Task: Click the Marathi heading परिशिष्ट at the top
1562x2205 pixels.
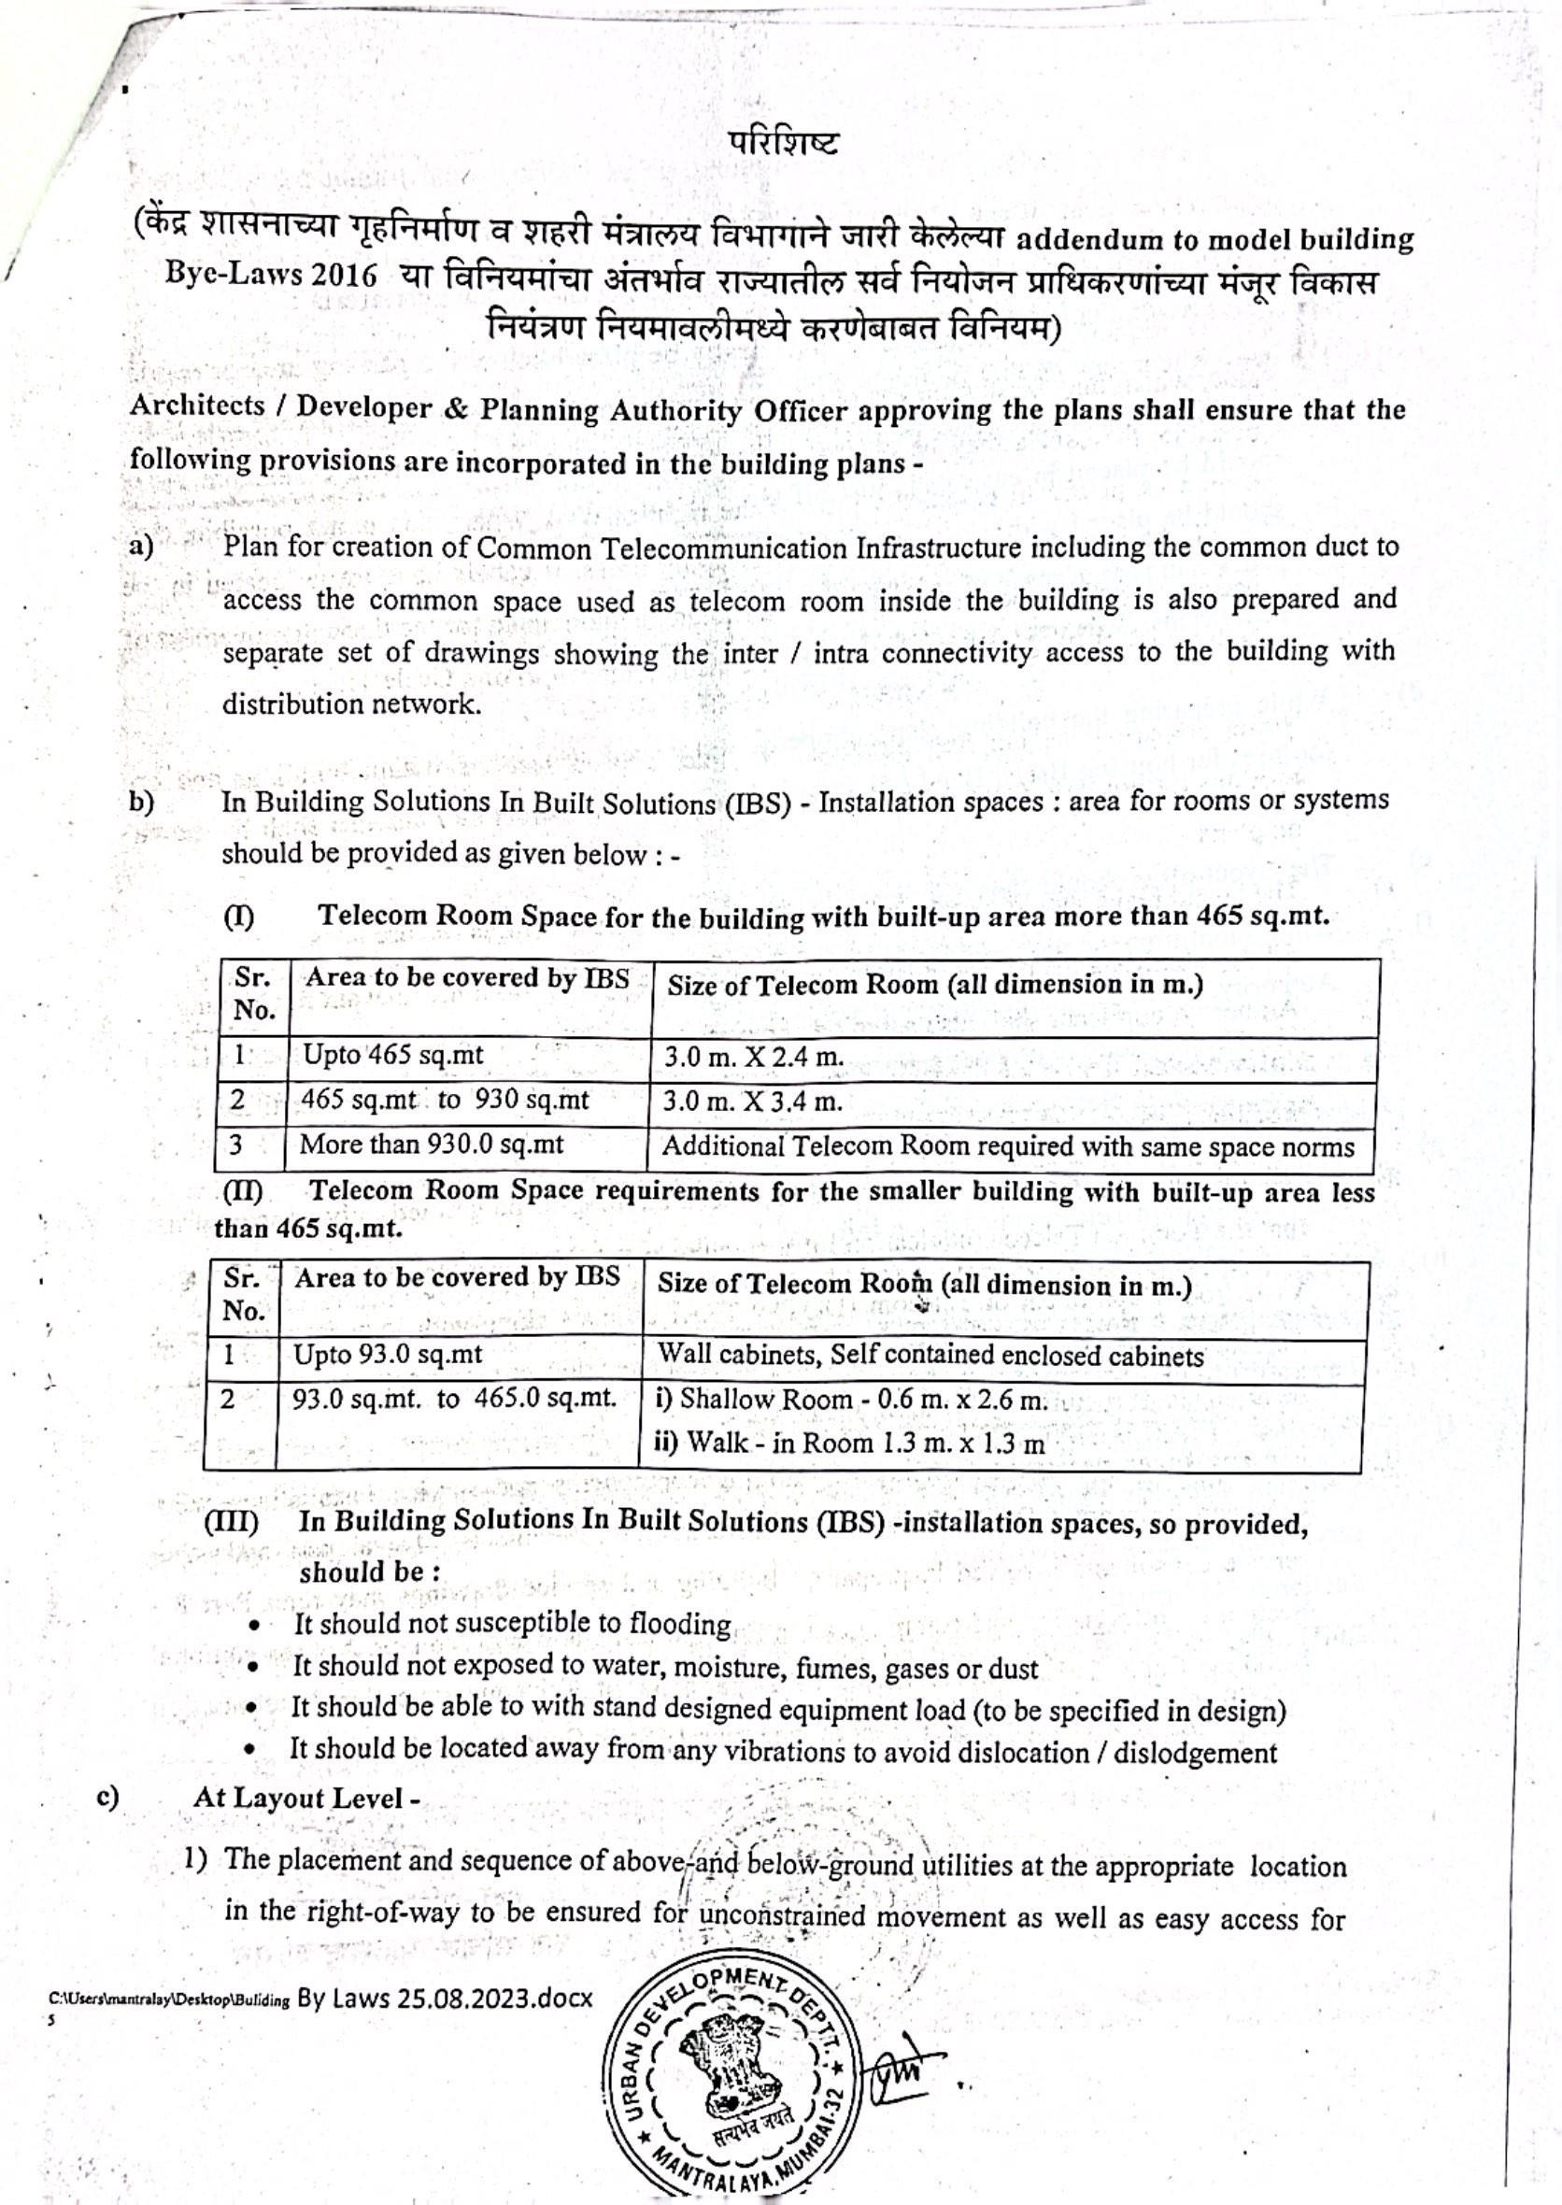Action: click(783, 143)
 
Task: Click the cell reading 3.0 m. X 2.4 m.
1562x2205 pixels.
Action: click(754, 1059)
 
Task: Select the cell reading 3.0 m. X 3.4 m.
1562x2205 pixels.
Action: click(752, 1102)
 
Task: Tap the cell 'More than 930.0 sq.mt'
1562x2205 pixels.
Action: click(432, 1145)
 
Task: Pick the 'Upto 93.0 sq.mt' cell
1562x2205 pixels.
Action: click(388, 1356)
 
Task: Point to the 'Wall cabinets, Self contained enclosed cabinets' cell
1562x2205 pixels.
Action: click(930, 1357)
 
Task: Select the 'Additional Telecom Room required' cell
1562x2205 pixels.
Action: click(1007, 1147)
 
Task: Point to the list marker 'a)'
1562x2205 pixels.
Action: click(141, 547)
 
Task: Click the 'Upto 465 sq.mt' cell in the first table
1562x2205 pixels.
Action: click(393, 1057)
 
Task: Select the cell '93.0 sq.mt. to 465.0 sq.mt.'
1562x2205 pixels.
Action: click(454, 1399)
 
